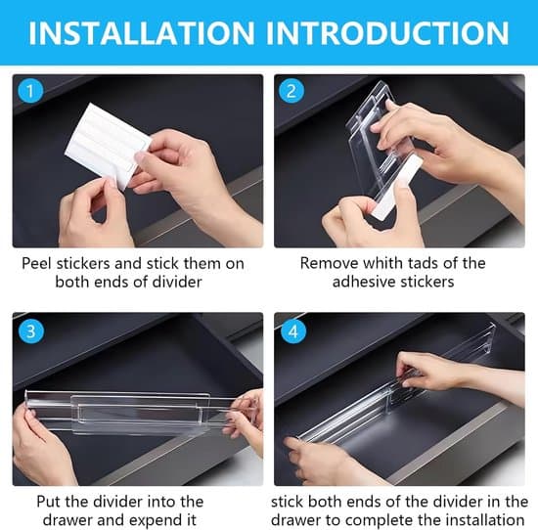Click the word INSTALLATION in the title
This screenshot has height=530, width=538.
click(142, 33)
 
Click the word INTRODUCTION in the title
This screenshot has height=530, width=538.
click(387, 33)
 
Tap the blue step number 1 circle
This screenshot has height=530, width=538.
click(30, 91)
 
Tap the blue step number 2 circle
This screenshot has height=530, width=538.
click(291, 91)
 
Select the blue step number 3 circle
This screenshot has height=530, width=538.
click(31, 331)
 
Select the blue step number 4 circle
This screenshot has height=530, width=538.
click(293, 331)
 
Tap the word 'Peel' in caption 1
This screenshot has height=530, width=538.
click(37, 263)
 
